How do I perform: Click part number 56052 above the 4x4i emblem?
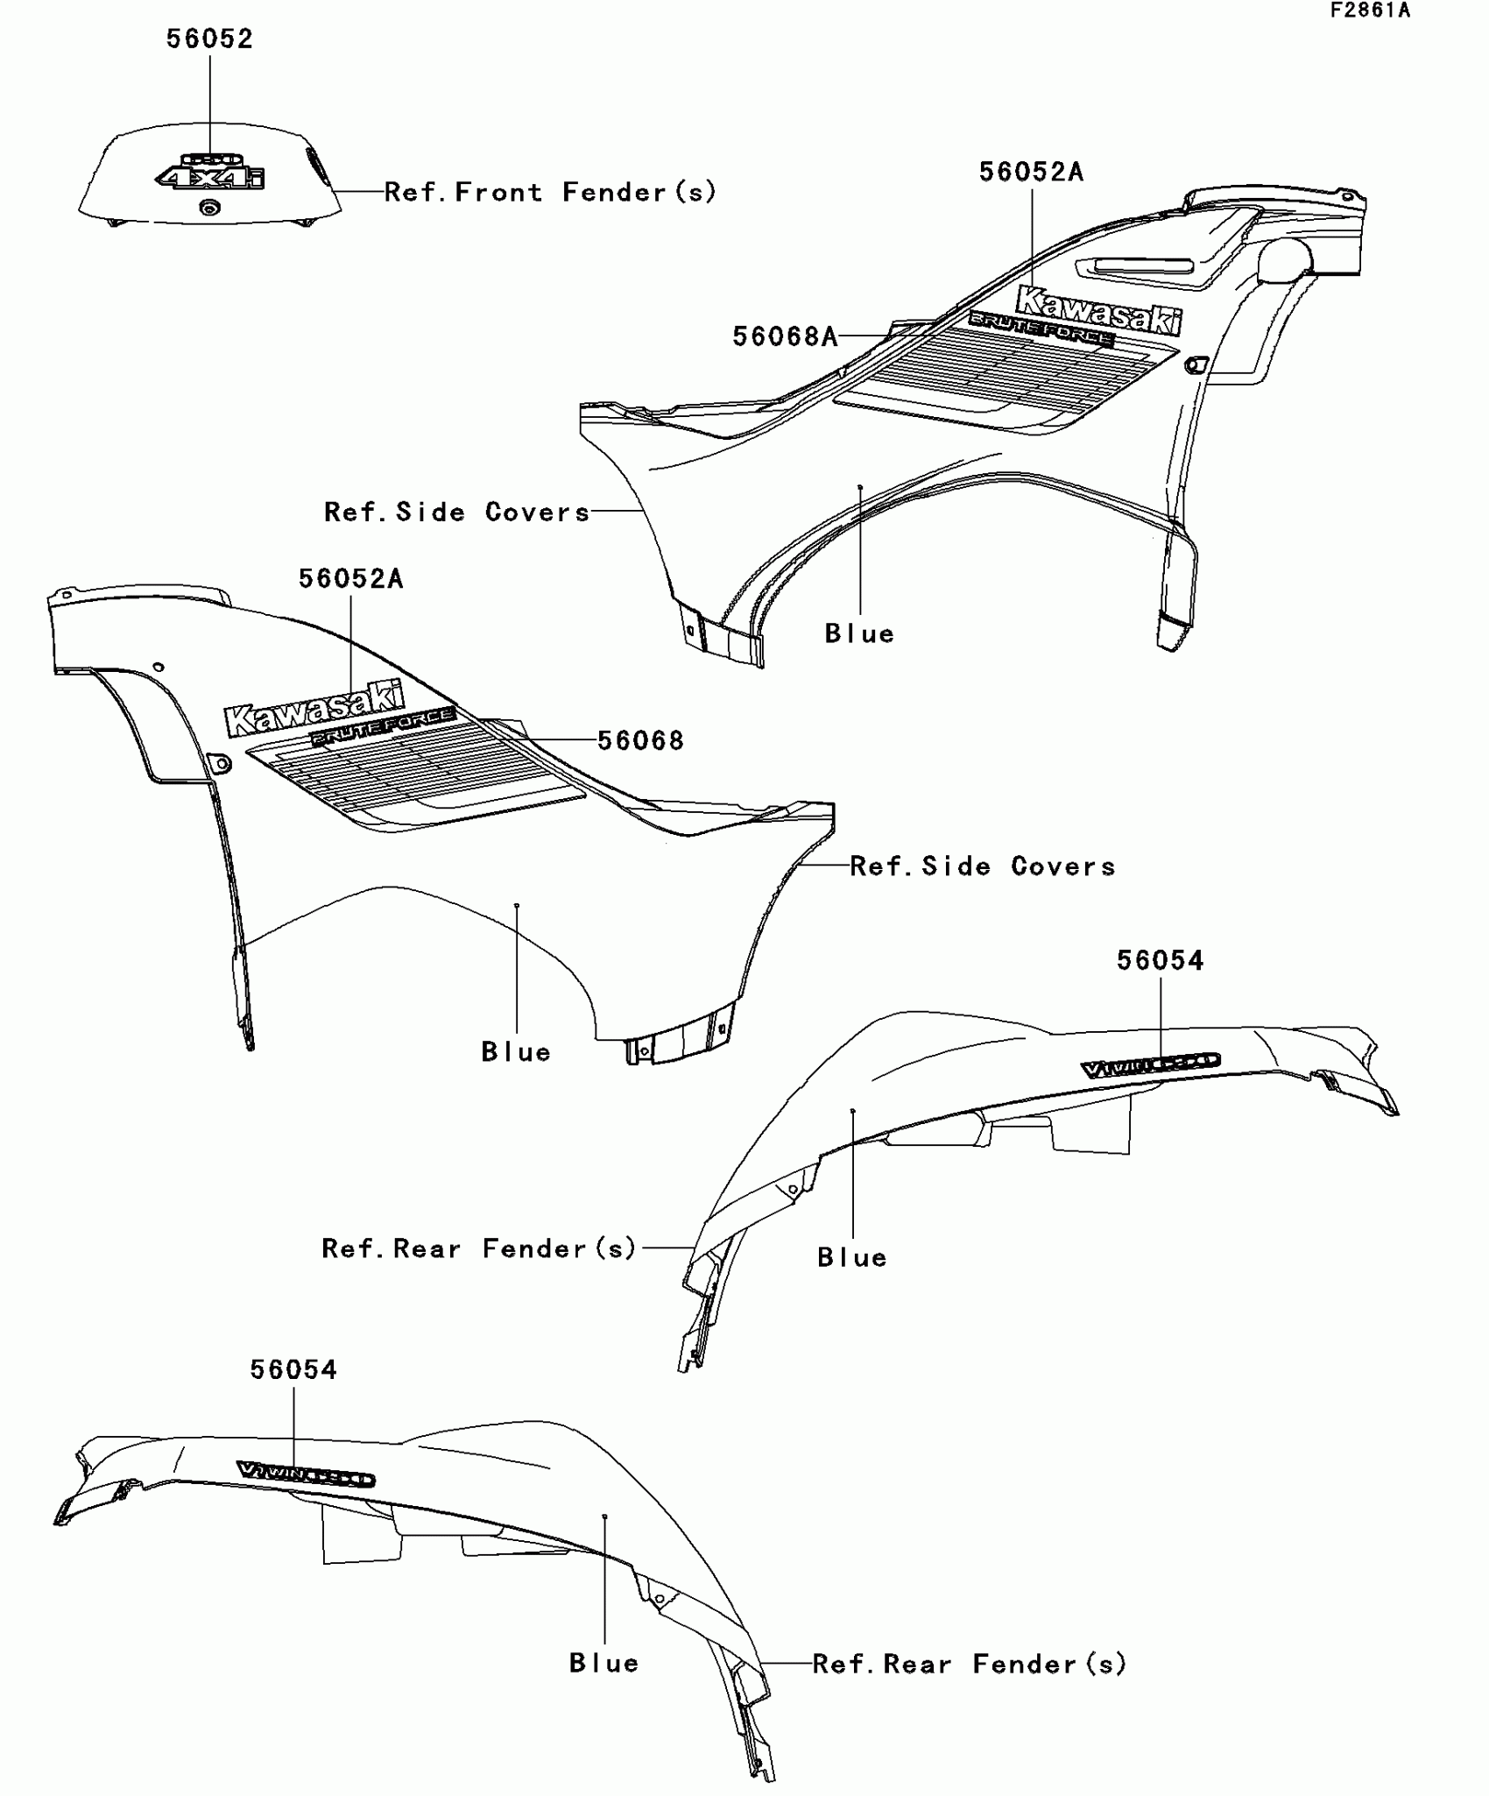tap(209, 39)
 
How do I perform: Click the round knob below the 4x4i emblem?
tap(209, 207)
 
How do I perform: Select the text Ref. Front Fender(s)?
tap(550, 192)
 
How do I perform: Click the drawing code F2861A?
tap(1370, 11)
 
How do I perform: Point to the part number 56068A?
tap(785, 336)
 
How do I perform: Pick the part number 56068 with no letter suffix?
tap(640, 740)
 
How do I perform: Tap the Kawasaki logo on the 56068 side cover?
tap(314, 709)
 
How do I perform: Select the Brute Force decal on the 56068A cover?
tap(1041, 329)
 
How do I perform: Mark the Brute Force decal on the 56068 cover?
tap(382, 727)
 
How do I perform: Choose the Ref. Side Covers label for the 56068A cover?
tap(456, 512)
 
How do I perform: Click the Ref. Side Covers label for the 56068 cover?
tap(983, 866)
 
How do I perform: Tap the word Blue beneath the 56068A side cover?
tap(859, 633)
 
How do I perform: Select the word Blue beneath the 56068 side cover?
tap(516, 1051)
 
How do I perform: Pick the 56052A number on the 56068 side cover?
tap(350, 578)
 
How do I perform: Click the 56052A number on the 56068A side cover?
tap(1031, 172)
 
